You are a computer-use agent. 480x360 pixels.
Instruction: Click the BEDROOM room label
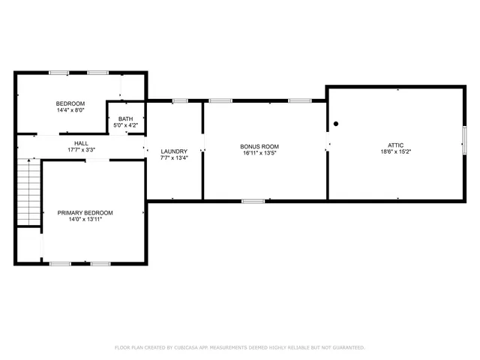[x=70, y=103]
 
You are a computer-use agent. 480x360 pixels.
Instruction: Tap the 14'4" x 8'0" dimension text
[x=70, y=110]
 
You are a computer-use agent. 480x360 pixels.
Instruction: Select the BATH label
[x=125, y=118]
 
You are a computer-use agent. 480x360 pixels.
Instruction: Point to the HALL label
[x=81, y=143]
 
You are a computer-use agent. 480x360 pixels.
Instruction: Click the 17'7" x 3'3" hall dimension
[x=81, y=150]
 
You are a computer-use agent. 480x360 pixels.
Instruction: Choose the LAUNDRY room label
[x=174, y=151]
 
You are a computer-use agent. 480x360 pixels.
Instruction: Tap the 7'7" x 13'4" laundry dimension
[x=174, y=158]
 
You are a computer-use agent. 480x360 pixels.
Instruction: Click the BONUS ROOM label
[x=259, y=146]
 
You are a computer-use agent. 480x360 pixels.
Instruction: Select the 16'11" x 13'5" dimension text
[x=259, y=153]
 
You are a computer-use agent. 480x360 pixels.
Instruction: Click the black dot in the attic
[x=336, y=124]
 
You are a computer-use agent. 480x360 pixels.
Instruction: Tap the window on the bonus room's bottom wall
[x=253, y=200]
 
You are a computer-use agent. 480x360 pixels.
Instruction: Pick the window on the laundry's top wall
[x=180, y=100]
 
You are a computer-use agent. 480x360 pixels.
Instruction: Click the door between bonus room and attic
[x=327, y=144]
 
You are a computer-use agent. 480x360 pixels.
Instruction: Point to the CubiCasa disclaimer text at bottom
[x=239, y=347]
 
